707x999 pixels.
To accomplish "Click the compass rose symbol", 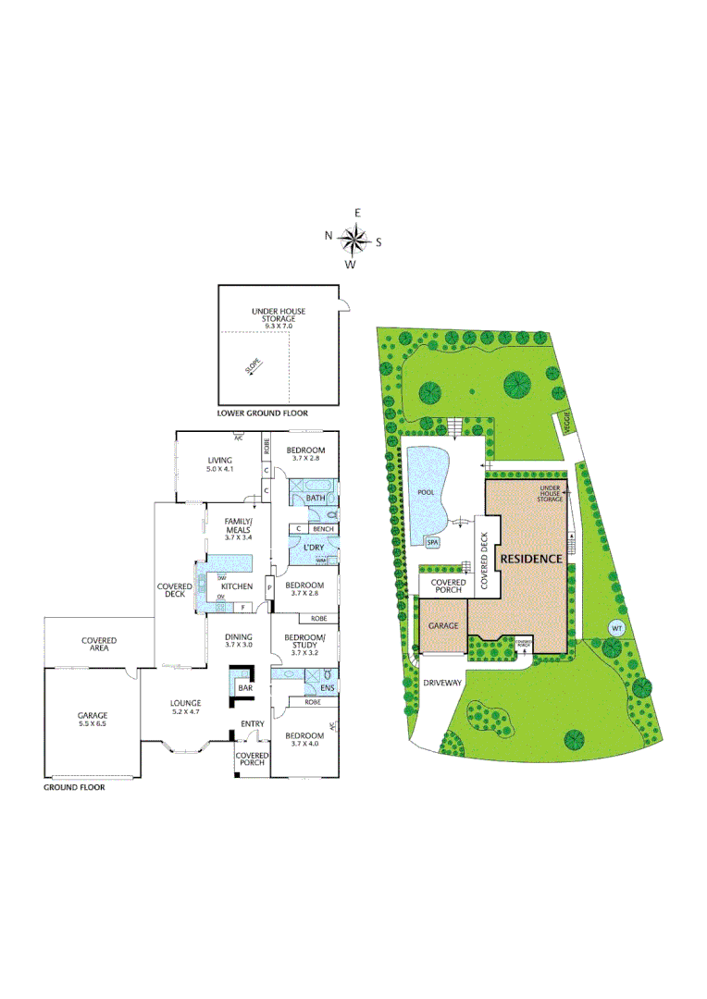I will pos(353,240).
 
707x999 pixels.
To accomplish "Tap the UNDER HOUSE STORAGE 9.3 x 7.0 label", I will pos(279,318).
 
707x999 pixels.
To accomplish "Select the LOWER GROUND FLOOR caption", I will pos(263,413).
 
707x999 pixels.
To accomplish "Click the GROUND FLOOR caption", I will pos(75,788).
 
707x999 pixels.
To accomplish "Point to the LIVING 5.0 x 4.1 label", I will pos(219,464).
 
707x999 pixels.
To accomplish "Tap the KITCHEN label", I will pos(236,586).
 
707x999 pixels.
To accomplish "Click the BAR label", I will pos(245,688).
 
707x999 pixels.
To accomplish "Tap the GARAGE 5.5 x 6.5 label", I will pos(93,720).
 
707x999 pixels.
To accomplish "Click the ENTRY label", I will pos(252,723).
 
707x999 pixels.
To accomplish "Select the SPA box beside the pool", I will pos(432,542).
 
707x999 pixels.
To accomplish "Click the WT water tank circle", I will pos(615,628).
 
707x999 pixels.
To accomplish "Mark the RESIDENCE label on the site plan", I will pos(531,559).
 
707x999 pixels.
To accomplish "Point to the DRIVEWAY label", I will pos(441,683).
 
